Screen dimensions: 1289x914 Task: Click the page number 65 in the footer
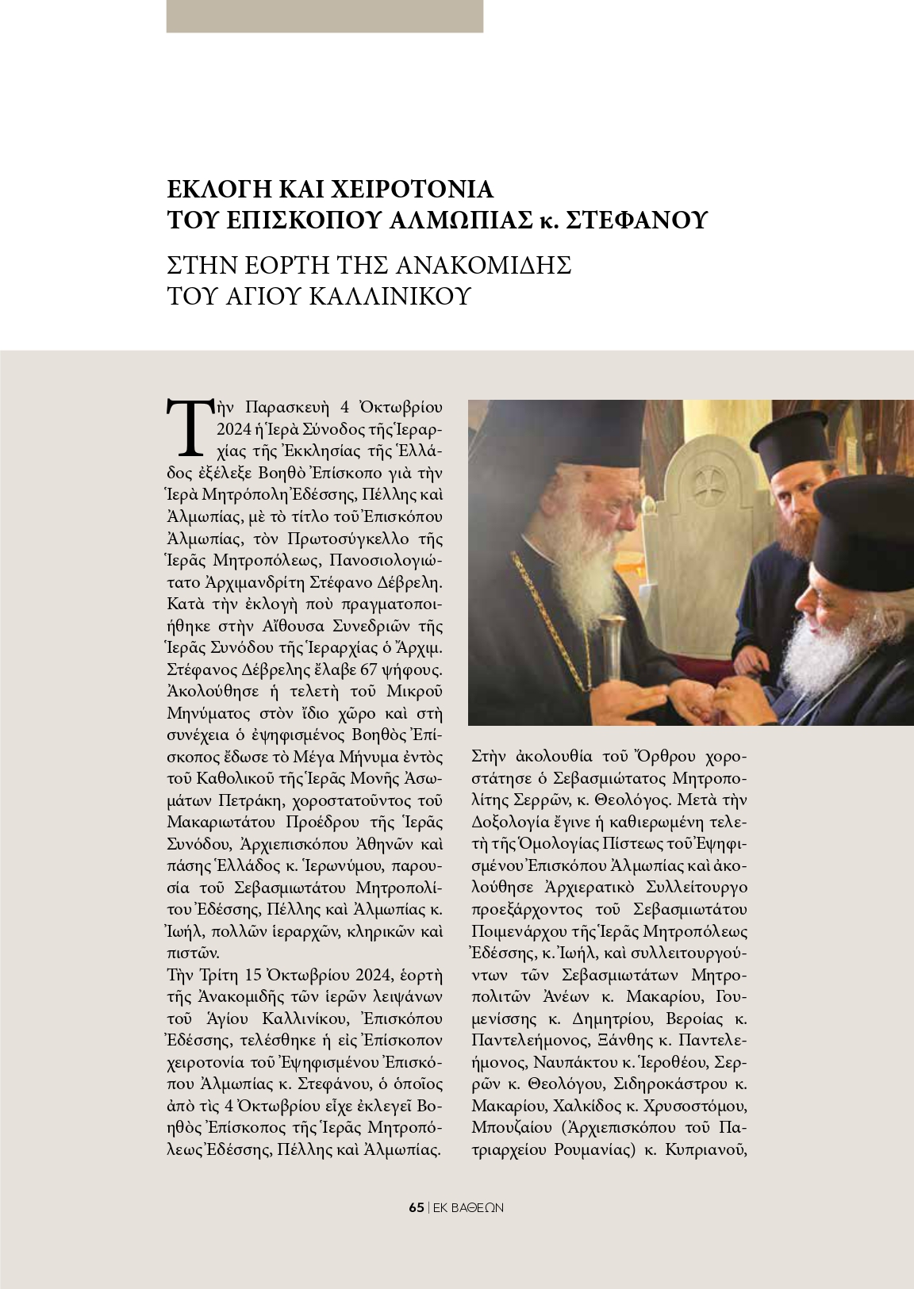[417, 1208]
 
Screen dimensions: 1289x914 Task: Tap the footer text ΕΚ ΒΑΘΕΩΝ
[469, 1208]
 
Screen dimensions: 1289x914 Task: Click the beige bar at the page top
[325, 16]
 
